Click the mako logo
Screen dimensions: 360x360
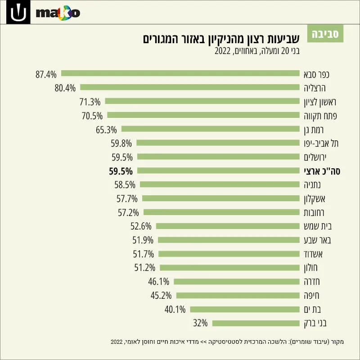58,13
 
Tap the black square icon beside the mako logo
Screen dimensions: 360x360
18,12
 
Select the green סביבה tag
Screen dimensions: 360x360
325,34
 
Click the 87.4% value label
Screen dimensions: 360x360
46,74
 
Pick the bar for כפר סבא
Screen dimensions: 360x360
180,73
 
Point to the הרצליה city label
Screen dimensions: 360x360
315,88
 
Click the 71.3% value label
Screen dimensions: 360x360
90,102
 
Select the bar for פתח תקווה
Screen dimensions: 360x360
203,115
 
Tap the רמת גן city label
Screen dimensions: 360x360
314,130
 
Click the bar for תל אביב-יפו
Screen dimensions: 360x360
218,143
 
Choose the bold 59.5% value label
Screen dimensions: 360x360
121,171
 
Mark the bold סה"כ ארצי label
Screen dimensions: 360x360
322,171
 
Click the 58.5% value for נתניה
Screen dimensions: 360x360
125,185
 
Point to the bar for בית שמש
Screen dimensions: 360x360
228,226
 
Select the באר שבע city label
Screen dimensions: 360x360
317,240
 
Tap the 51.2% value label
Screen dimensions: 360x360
144,268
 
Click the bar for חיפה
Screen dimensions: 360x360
238,296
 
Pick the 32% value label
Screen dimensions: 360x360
200,323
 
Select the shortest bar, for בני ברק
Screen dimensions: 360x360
256,323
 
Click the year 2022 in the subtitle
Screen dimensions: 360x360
222,51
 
